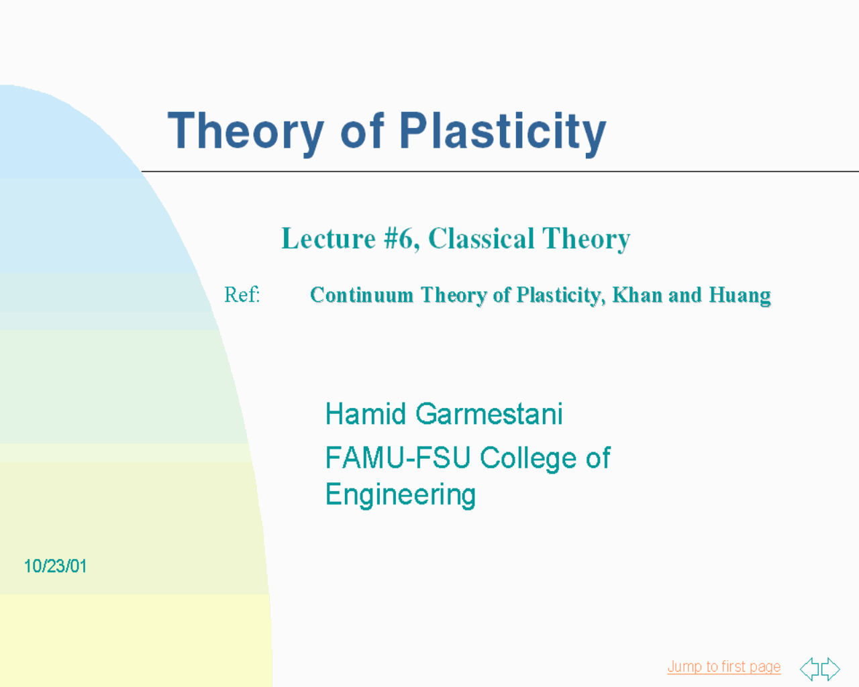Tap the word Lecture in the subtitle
[329, 239]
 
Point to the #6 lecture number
[401, 240]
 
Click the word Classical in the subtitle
[481, 239]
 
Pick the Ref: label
[242, 295]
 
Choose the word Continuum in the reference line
[362, 295]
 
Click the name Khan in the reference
[637, 295]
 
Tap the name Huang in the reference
[740, 296]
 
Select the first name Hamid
[366, 413]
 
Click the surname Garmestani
[489, 413]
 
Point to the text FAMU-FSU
[398, 458]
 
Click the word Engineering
[401, 495]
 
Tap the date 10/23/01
[55, 566]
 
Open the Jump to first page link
[723, 667]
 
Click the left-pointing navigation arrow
[810, 669]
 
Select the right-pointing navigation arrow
[830, 669]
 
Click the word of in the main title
[362, 131]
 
